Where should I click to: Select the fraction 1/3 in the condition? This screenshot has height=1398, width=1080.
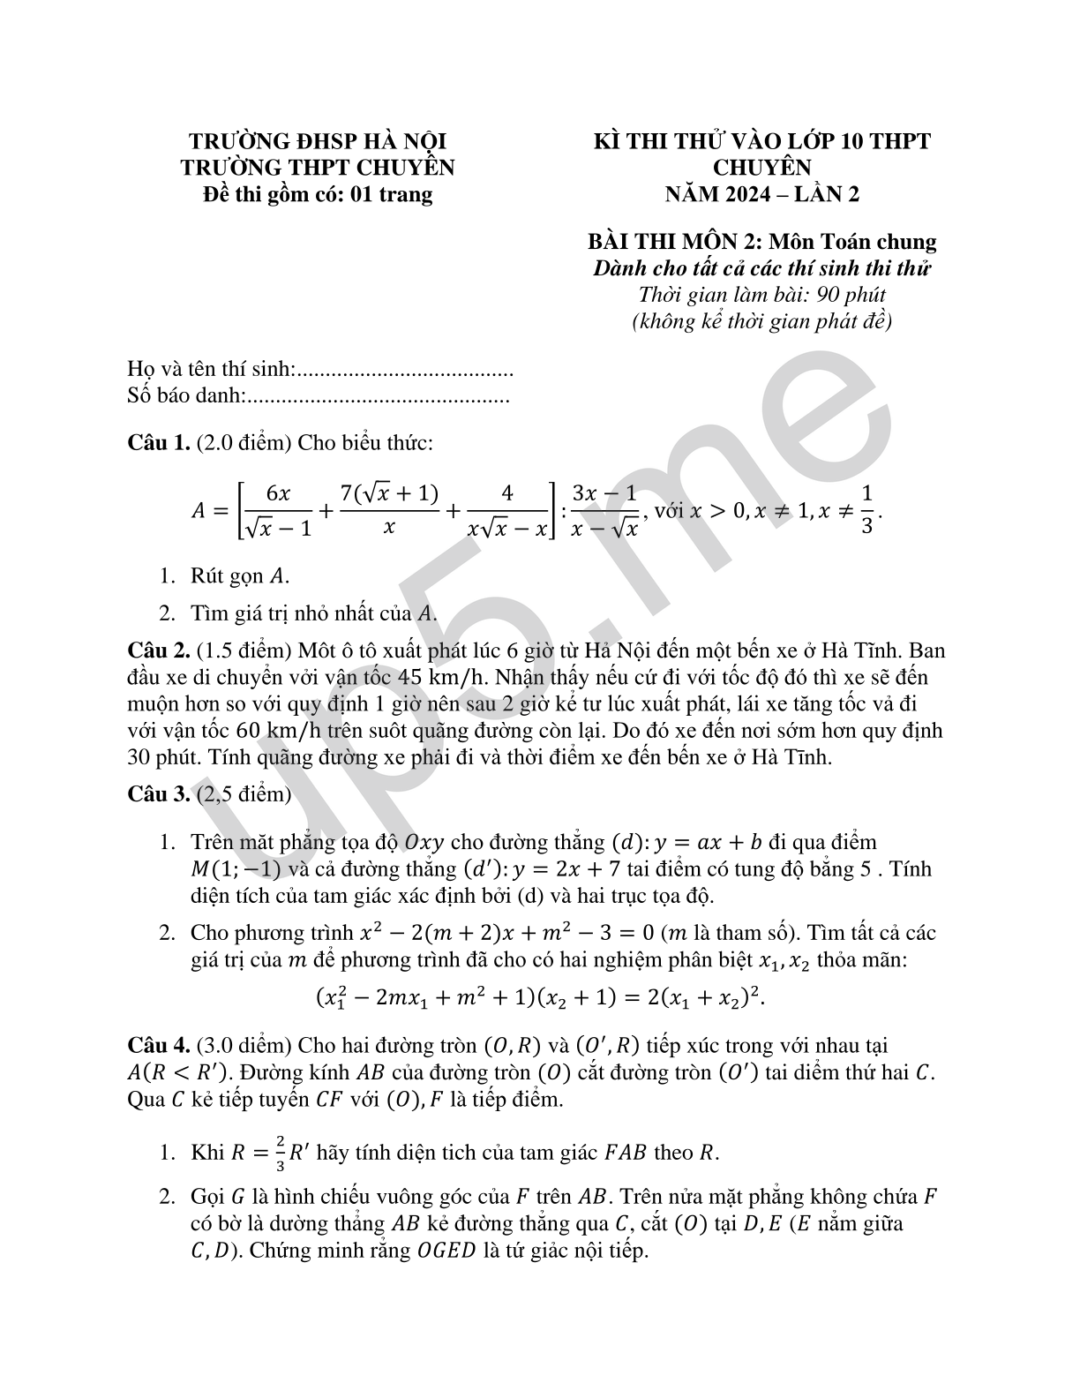click(x=866, y=510)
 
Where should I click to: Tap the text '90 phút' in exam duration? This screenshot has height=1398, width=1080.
click(x=851, y=295)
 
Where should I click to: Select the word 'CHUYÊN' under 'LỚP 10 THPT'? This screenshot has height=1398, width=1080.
click(x=761, y=167)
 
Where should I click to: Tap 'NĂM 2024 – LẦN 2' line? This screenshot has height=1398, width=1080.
click(x=761, y=194)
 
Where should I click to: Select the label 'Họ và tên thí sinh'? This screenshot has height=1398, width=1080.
click(x=209, y=370)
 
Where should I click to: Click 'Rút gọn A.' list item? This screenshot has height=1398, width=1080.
click(x=239, y=576)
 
